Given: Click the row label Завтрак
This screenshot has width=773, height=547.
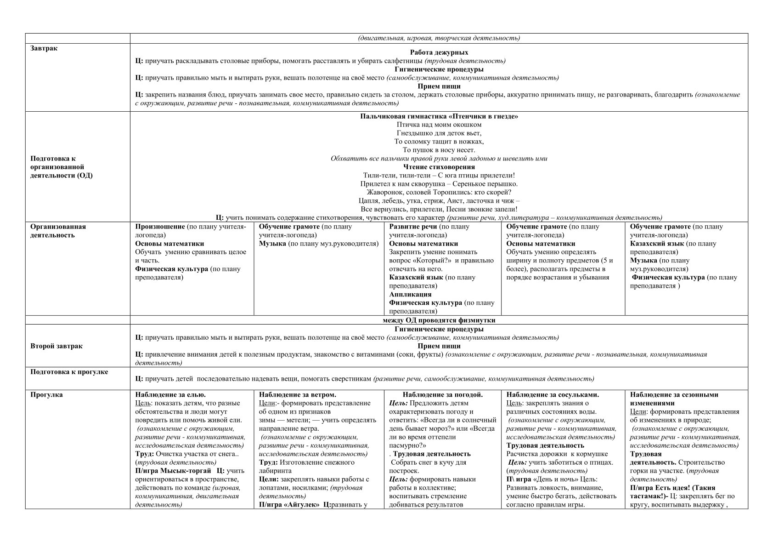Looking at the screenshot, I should click(x=44, y=48).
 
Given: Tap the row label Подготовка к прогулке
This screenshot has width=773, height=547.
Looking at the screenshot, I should click(x=69, y=372).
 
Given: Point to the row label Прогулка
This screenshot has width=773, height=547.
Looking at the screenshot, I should click(x=46, y=394).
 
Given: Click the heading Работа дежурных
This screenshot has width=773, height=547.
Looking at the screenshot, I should click(x=439, y=52).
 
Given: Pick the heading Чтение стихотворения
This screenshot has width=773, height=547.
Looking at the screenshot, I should click(x=439, y=167).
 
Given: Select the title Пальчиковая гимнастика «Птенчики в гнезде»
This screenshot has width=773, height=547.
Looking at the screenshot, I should click(x=439, y=116).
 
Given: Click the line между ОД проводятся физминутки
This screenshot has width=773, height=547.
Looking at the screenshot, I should click(x=439, y=320).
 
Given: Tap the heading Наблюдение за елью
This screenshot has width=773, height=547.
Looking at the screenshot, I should click(x=170, y=394).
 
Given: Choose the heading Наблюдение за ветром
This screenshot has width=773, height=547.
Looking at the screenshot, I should click(x=297, y=394).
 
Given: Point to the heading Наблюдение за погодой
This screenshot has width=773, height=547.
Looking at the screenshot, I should click(x=442, y=394).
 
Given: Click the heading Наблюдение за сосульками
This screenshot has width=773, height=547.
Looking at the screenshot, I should click(x=553, y=394).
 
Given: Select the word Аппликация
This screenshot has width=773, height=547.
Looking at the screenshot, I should click(x=410, y=294).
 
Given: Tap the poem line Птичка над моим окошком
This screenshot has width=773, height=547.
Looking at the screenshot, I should click(x=439, y=125).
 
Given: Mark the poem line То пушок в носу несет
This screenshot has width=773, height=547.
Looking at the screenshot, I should click(x=439, y=150).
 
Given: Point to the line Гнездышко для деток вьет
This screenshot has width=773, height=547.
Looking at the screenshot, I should click(x=439, y=133).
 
